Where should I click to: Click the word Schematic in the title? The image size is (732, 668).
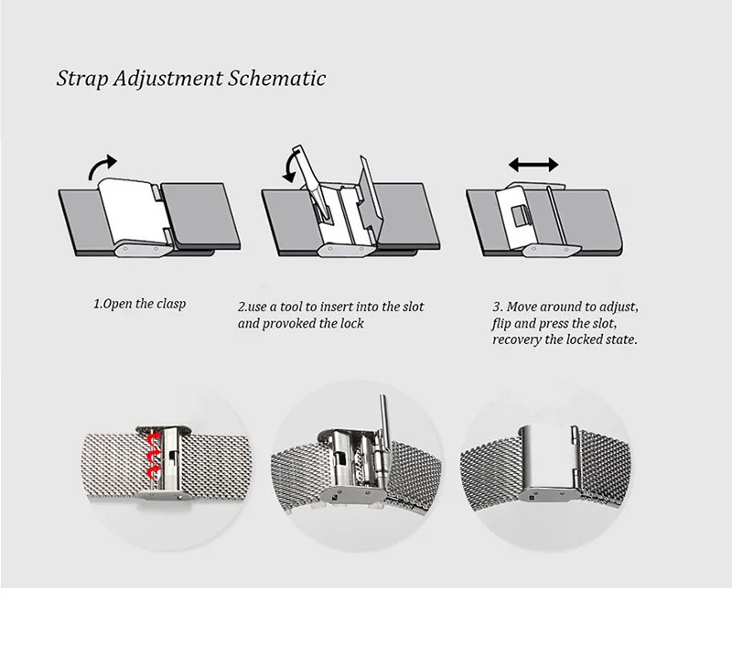pyautogui.click(x=276, y=78)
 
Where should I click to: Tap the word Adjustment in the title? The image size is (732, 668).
pyautogui.click(x=167, y=79)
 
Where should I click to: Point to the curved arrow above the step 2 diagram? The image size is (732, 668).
pyautogui.click(x=289, y=168)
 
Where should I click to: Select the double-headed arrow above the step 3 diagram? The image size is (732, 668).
pyautogui.click(x=533, y=165)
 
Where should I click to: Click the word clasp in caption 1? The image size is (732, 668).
pyautogui.click(x=171, y=304)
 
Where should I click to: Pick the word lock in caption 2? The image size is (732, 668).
pyautogui.click(x=351, y=323)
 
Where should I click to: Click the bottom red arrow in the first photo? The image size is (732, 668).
pyautogui.click(x=153, y=472)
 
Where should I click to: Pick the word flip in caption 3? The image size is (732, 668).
pyautogui.click(x=501, y=324)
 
